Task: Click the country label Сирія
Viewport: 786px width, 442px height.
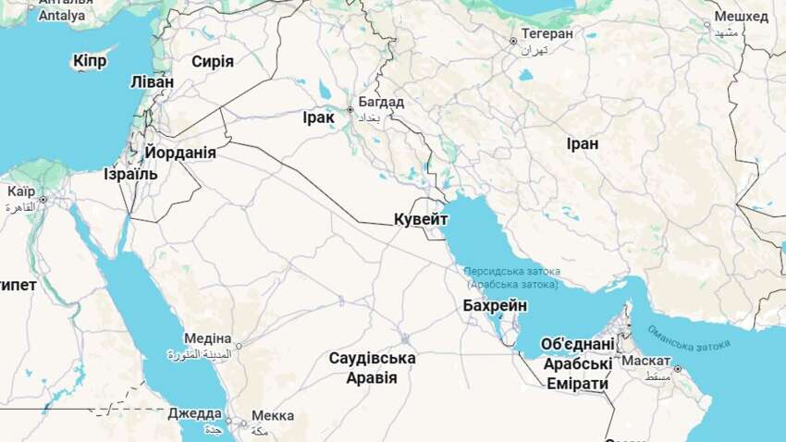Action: [x=212, y=62]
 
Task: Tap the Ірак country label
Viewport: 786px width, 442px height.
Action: [x=318, y=118]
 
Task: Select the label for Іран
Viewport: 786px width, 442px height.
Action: [x=583, y=144]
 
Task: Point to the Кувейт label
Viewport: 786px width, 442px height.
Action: [x=421, y=219]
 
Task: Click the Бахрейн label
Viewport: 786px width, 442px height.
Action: [x=496, y=305]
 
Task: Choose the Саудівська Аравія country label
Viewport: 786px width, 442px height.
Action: [x=372, y=368]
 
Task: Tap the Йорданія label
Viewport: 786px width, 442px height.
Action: [x=180, y=153]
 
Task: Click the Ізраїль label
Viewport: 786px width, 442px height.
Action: [x=130, y=174]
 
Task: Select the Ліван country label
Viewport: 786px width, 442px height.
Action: [x=152, y=81]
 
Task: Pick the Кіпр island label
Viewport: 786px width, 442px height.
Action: [x=89, y=61]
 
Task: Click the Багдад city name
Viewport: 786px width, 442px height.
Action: [x=381, y=102]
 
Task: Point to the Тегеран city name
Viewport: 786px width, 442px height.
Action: [x=547, y=33]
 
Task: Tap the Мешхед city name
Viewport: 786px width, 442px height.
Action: [x=741, y=17]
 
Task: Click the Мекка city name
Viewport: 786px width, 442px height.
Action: [x=272, y=416]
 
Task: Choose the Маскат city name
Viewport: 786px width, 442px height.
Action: [x=647, y=360]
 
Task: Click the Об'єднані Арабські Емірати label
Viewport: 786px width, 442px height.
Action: [x=577, y=363]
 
